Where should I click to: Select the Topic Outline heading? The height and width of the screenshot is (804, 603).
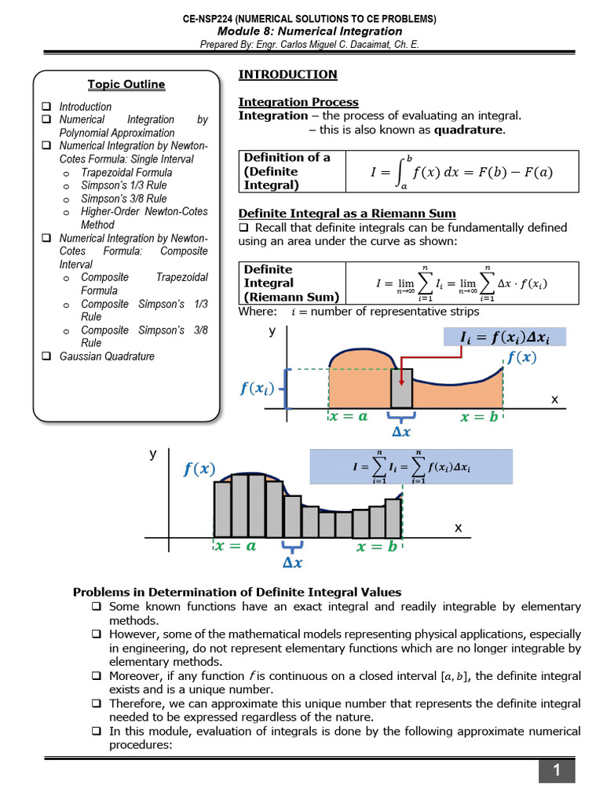[x=126, y=84]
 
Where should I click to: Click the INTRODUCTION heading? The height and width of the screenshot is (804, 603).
[x=287, y=75]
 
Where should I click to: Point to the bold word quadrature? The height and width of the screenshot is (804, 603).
[x=469, y=130]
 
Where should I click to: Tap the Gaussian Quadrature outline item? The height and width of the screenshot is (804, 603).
[x=107, y=356]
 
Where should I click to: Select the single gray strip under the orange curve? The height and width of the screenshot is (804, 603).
[x=402, y=388]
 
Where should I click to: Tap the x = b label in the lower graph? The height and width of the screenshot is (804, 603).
[x=376, y=547]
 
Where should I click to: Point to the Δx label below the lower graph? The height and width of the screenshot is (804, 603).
[x=291, y=563]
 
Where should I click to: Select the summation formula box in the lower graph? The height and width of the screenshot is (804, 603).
[x=411, y=466]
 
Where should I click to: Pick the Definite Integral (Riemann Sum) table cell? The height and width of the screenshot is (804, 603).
[x=291, y=283]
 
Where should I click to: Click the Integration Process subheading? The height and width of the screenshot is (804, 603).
[x=298, y=102]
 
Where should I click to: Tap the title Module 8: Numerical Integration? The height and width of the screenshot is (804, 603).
[x=309, y=31]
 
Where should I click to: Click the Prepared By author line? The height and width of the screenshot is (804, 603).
[x=309, y=45]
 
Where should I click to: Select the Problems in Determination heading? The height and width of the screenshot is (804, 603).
[x=237, y=592]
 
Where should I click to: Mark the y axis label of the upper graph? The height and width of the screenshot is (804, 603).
[x=272, y=331]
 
